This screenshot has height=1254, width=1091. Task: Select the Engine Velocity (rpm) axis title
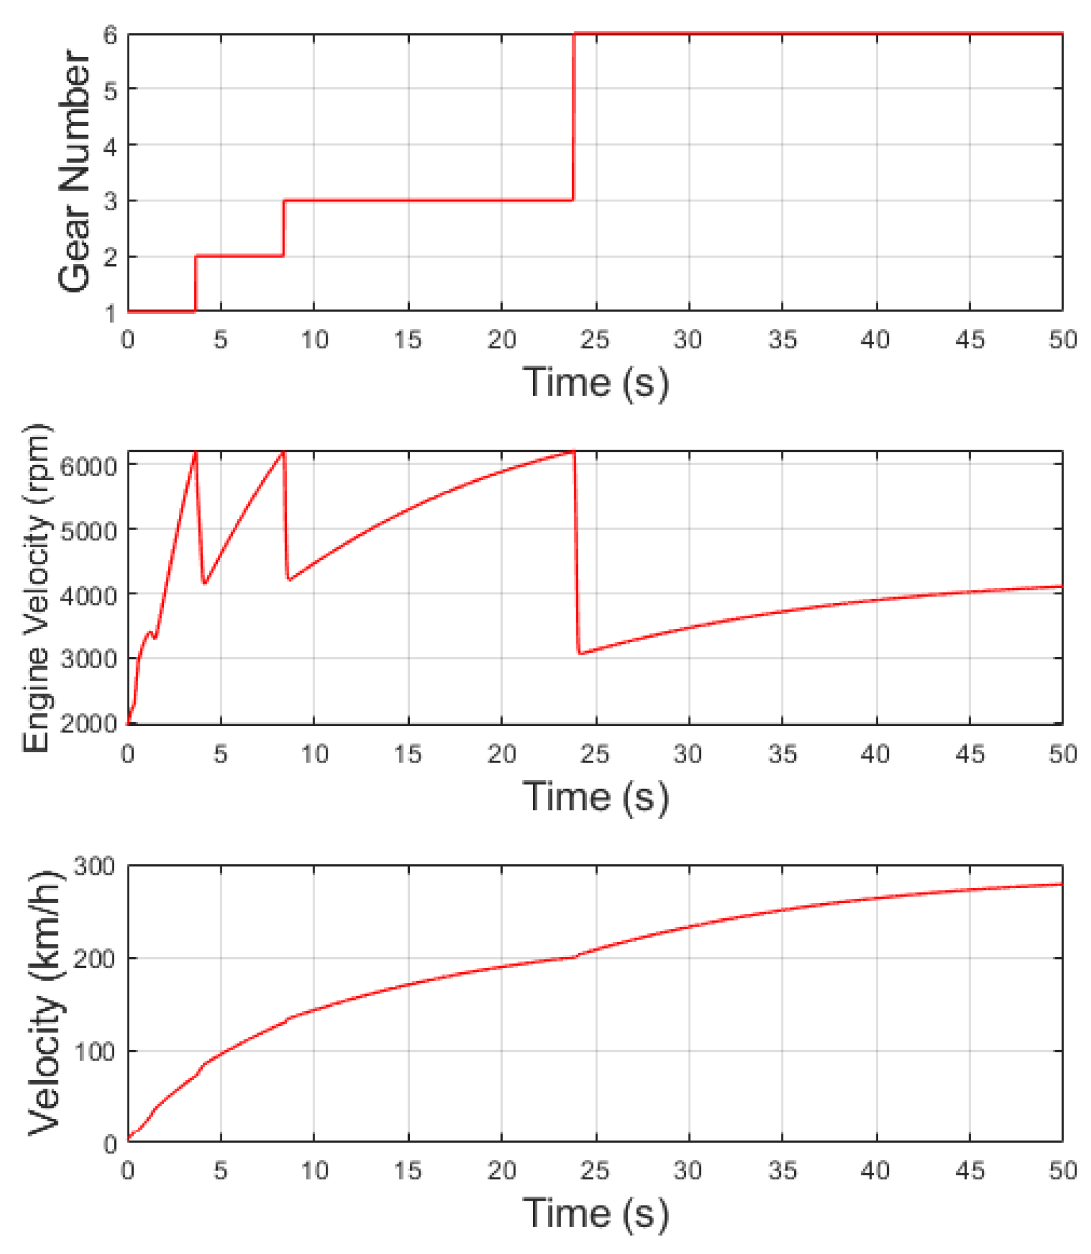tap(36, 587)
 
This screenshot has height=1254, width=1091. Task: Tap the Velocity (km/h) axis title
tap(45, 1002)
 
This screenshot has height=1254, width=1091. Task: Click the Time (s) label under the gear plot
tap(595, 382)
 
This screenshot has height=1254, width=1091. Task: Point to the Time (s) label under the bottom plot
tap(595, 1213)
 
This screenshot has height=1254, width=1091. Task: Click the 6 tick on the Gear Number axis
tap(110, 35)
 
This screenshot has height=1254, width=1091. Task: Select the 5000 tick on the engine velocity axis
tap(89, 531)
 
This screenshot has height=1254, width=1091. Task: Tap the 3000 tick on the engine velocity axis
tap(89, 660)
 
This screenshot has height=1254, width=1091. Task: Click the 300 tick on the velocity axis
tap(95, 867)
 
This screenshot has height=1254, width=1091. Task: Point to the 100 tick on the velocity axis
tap(95, 1051)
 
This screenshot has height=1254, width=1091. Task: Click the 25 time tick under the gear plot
tap(594, 340)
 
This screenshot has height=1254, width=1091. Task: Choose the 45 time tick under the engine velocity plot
tap(969, 754)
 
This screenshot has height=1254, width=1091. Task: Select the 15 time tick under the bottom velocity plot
tap(408, 1171)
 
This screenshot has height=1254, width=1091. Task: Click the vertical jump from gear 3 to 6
tap(573, 117)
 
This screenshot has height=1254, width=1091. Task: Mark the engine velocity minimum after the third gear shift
tap(581, 653)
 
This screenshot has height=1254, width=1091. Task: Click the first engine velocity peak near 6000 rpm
tap(195, 453)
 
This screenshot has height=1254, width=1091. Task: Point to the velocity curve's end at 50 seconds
tap(1061, 884)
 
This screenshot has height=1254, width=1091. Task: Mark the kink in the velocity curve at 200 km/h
tap(574, 957)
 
